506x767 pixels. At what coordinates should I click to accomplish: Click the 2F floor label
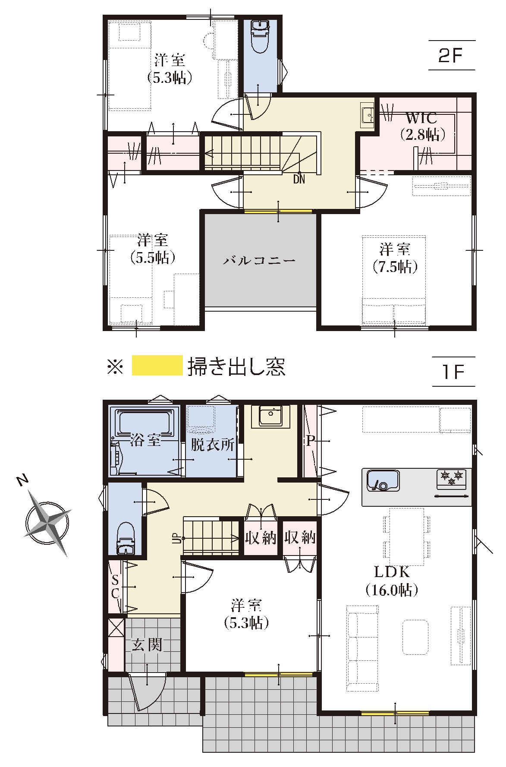(451, 56)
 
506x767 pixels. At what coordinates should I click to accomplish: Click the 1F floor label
(451, 372)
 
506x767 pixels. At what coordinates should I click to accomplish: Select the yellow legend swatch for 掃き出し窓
(157, 366)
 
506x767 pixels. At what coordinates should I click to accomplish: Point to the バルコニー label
(259, 261)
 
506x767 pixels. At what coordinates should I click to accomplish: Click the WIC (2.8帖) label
(421, 126)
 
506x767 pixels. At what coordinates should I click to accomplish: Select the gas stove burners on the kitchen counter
(452, 477)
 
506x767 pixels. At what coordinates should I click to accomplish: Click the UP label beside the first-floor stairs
(176, 538)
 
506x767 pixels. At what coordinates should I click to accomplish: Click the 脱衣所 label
(213, 445)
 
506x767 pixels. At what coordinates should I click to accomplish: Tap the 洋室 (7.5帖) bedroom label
(395, 258)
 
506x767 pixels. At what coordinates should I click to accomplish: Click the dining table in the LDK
(406, 536)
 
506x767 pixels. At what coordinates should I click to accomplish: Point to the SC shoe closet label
(115, 586)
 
